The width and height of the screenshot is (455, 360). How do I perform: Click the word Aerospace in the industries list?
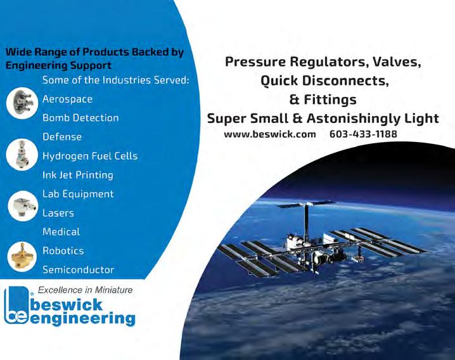tap(67, 100)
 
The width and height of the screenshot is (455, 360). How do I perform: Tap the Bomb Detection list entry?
tap(80, 118)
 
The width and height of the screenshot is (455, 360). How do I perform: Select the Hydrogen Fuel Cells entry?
tap(90, 156)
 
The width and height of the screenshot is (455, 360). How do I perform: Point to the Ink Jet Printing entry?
tap(78, 176)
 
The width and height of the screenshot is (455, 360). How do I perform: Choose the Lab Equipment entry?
tap(78, 194)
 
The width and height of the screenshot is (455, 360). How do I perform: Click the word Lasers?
tap(58, 213)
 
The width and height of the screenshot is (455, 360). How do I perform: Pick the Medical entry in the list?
tap(61, 232)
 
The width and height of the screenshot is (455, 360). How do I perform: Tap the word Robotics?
tap(63, 251)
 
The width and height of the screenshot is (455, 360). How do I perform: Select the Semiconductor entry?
tap(78, 270)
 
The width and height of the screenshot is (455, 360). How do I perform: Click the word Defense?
tap(62, 137)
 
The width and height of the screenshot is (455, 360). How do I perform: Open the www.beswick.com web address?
tap(270, 134)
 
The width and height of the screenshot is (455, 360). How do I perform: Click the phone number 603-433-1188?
tap(363, 134)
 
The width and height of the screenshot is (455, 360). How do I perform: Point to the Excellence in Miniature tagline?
tap(86, 290)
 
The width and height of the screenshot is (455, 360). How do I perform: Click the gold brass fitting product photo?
tap(22, 257)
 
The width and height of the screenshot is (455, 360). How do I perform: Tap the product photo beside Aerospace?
tap(22, 103)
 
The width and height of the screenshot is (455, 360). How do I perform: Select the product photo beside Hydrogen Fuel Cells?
tap(22, 154)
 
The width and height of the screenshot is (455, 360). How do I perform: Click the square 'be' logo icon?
tap(17, 305)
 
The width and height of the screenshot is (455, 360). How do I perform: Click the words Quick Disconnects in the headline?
tap(324, 80)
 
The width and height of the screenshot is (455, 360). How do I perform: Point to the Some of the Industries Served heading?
tap(116, 80)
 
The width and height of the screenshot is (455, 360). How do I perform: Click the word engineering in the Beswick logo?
tap(82, 319)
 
